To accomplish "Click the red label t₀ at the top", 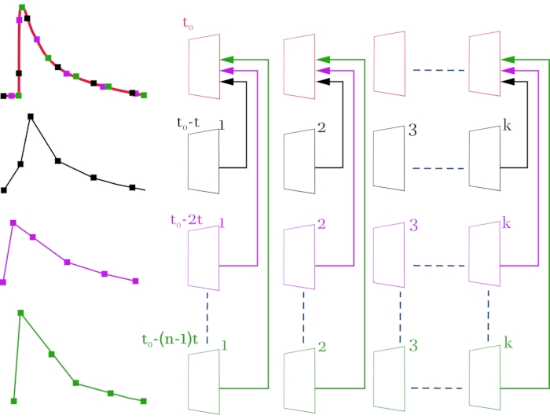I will [189, 24].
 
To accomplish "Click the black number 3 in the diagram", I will [413, 129].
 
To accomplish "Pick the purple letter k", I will [507, 224].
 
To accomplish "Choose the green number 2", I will [321, 347].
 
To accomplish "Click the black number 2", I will [321, 127].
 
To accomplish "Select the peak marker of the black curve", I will [31, 116].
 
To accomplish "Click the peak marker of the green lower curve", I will [20, 313].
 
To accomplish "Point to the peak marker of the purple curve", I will [13, 223].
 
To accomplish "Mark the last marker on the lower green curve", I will [143, 401].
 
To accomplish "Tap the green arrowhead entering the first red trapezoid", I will [227, 59].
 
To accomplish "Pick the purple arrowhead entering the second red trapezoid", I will [321, 70].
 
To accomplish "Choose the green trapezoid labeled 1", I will [204, 381].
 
